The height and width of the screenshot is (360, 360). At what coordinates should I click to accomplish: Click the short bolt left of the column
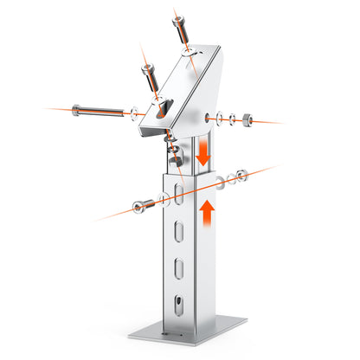pos(140,205)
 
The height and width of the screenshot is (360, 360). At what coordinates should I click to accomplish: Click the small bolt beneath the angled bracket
pos(176,157)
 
